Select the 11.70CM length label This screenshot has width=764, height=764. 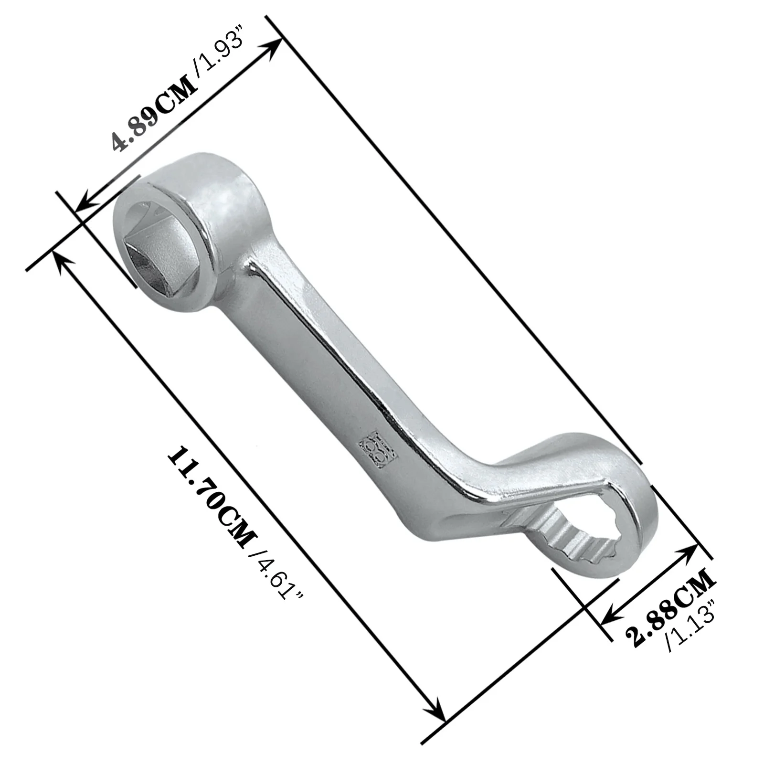(210, 497)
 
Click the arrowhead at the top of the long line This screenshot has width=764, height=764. (275, 47)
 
